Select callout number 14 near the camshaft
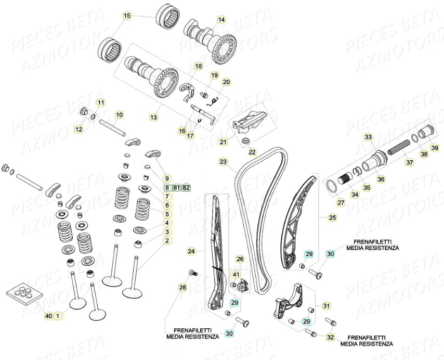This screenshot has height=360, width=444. [222, 20]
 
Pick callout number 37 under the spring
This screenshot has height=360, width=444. [410, 162]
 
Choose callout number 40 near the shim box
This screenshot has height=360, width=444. [48, 316]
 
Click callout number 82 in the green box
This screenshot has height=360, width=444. [187, 188]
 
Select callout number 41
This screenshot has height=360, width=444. [236, 275]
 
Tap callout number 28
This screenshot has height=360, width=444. [182, 287]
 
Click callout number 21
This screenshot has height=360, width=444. [223, 142]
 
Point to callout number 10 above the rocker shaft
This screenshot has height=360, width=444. [119, 114]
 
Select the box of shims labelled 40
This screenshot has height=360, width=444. [24, 295]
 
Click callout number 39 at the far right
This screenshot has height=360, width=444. [435, 148]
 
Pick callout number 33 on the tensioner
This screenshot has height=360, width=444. [368, 137]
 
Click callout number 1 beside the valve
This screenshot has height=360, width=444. [58, 316]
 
